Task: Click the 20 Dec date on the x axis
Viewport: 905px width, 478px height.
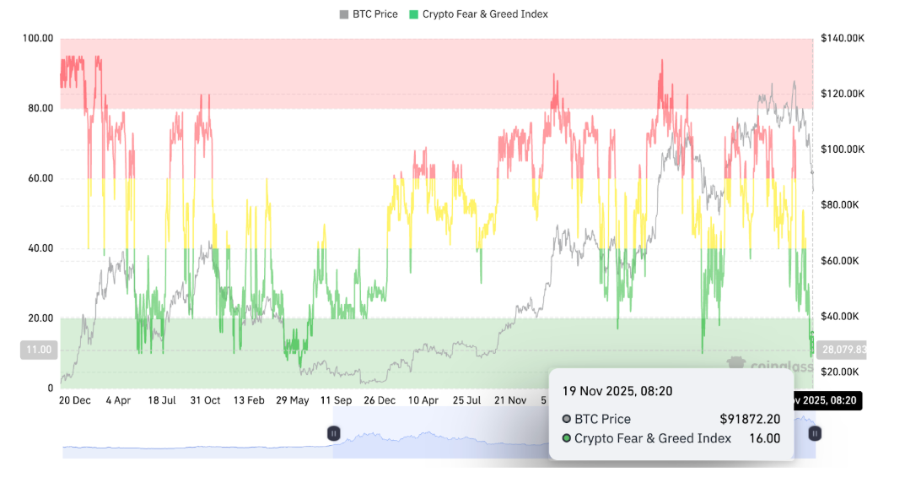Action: click(75, 400)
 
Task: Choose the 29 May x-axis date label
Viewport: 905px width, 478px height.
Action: click(292, 400)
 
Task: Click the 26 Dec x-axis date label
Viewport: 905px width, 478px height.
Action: click(380, 400)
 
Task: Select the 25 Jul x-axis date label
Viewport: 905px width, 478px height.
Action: click(466, 400)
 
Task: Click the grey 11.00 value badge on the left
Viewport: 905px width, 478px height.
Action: click(38, 350)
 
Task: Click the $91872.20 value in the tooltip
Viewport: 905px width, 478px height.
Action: click(750, 419)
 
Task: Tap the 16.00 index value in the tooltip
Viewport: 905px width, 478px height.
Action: click(764, 438)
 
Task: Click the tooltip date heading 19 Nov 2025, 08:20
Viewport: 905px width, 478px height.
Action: click(617, 391)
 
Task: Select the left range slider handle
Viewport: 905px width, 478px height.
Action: click(333, 433)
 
